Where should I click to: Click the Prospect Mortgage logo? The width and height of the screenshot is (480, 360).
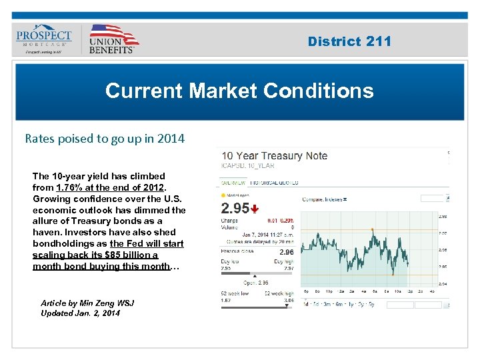click(x=44, y=39)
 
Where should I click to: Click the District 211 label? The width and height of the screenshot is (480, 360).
click(x=349, y=41)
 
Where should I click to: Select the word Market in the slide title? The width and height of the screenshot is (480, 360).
click(x=215, y=91)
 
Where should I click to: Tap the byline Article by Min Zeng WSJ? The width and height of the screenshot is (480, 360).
click(x=87, y=303)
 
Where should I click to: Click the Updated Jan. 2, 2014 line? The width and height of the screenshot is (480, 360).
click(x=81, y=313)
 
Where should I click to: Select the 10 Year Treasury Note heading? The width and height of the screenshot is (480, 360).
click(x=275, y=156)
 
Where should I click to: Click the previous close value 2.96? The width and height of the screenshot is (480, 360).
click(x=286, y=252)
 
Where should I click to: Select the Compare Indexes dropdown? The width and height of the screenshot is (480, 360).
click(x=325, y=199)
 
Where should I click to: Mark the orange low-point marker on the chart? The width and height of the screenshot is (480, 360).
click(x=393, y=274)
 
